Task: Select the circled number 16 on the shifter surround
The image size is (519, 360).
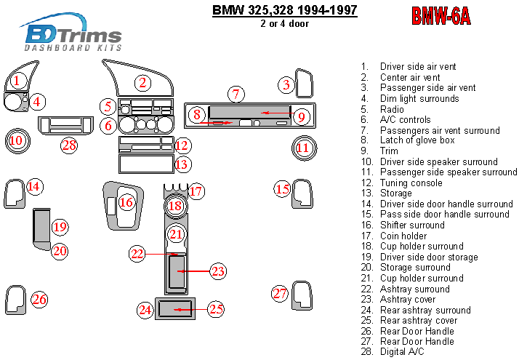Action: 126,201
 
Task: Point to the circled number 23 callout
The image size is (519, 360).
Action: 218,271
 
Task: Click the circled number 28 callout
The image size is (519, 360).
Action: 69,145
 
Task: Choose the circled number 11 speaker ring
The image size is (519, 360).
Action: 303,148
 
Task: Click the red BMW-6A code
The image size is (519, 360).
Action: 440,16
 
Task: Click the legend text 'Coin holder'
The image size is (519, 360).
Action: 403,236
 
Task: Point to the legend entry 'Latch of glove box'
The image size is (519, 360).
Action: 417,140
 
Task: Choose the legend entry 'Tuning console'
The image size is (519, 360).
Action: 411,183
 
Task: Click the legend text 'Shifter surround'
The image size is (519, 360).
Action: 411,225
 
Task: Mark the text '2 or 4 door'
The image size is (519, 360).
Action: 284,23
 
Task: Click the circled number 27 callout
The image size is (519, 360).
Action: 281,294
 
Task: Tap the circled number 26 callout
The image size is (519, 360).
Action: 39,299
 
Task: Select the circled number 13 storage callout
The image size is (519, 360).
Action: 182,164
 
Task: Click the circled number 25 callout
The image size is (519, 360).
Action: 216,309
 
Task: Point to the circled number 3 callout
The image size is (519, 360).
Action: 286,85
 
